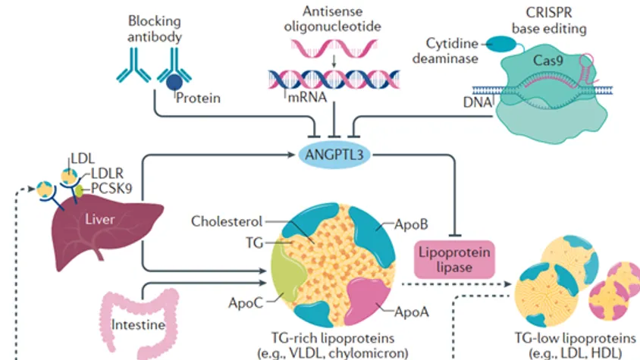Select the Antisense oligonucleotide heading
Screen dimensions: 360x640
tap(334, 19)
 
